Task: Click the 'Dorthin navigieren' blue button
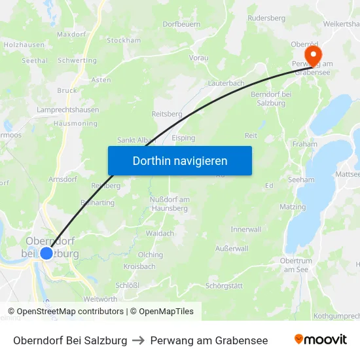[179, 160]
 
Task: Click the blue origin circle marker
[46, 253]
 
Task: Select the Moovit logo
[320, 340]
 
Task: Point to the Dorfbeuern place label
[181, 24]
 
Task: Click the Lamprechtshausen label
[66, 110]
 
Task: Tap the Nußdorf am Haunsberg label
[169, 204]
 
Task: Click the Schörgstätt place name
[224, 286]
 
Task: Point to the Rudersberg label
[266, 18]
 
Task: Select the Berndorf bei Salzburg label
[271, 98]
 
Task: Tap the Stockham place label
[124, 40]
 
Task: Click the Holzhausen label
[24, 45]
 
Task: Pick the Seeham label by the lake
[301, 179]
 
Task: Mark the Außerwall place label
[232, 249]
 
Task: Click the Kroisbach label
[139, 266]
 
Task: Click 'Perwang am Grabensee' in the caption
[209, 340]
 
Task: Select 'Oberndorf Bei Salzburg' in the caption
[70, 340]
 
